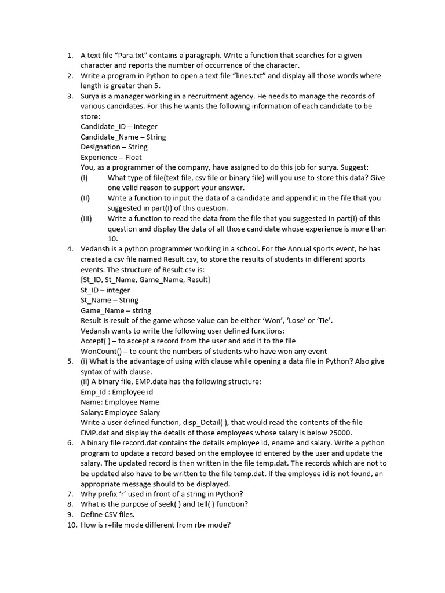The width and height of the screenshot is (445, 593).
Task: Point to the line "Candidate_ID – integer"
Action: (119, 127)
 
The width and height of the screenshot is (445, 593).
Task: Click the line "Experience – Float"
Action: (111, 158)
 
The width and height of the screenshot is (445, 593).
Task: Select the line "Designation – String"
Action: (114, 147)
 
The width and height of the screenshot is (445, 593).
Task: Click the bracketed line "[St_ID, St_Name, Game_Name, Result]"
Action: (145, 280)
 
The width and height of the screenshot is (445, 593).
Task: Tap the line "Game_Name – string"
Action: (115, 310)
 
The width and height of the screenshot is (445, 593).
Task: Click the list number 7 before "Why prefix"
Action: (70, 494)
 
